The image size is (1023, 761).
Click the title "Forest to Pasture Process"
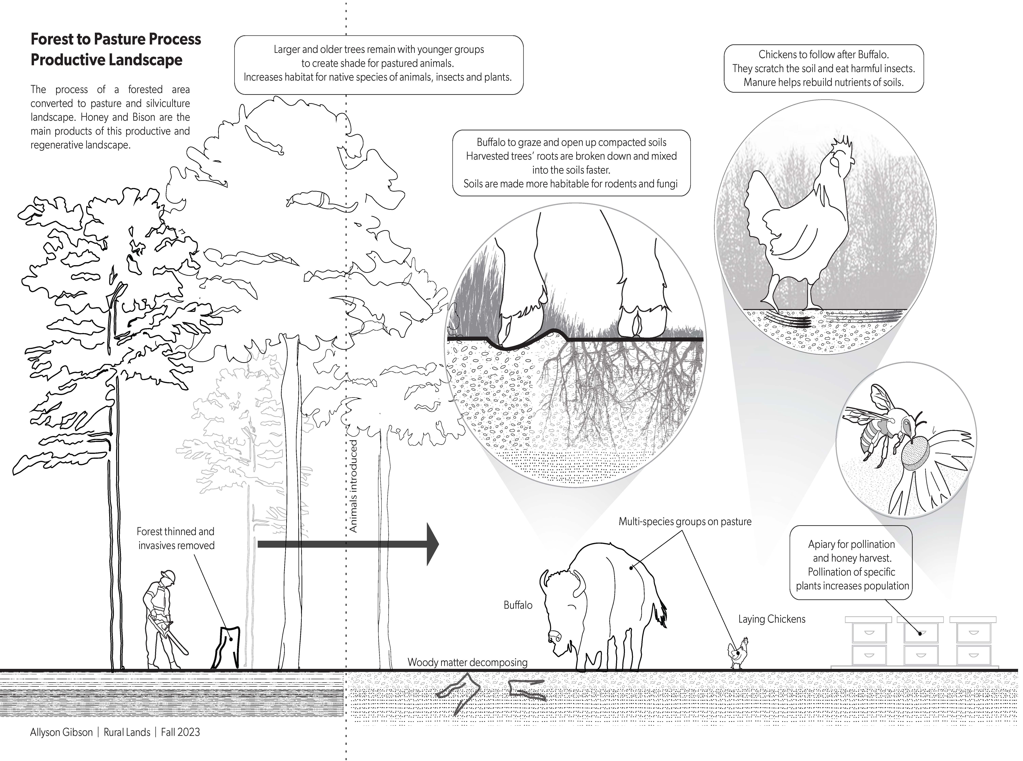[x=116, y=39]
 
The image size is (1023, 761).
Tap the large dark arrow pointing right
[x=348, y=544]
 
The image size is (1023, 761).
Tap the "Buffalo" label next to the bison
[x=518, y=605]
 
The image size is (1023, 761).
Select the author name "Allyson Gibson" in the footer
[x=61, y=732]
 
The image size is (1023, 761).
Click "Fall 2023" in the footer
[x=180, y=732]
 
